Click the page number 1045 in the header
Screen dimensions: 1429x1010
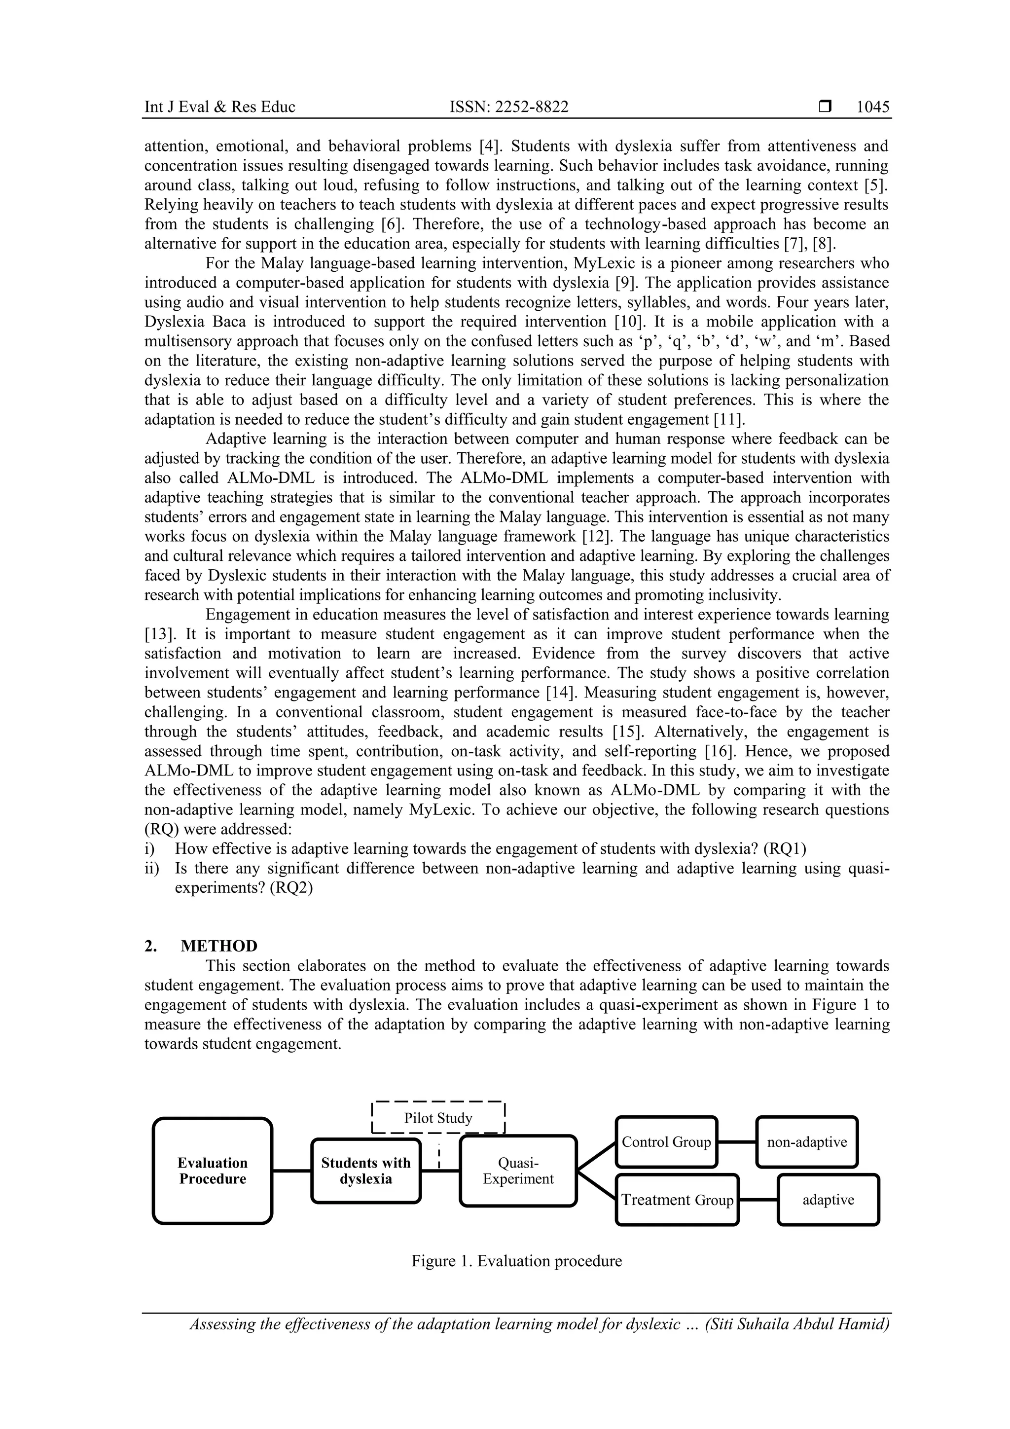pyautogui.click(x=872, y=107)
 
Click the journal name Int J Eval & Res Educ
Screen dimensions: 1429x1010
pyautogui.click(x=219, y=107)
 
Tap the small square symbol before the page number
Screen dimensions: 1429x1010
pyautogui.click(x=825, y=107)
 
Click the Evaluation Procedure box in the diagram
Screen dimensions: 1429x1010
pyautogui.click(x=213, y=1171)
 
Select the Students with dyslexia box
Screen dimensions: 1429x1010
pyautogui.click(x=366, y=1171)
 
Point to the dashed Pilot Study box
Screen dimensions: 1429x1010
pyautogui.click(x=438, y=1118)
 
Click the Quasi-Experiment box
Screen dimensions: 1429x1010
pyautogui.click(x=518, y=1171)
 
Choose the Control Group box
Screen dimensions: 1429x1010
pyautogui.click(x=666, y=1142)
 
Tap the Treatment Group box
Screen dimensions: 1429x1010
pyautogui.click(x=677, y=1200)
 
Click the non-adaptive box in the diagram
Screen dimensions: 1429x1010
pyautogui.click(x=806, y=1142)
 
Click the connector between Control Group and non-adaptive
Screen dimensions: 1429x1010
pyautogui.click(x=737, y=1142)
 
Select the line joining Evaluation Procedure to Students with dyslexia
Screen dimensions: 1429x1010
pyautogui.click(x=292, y=1171)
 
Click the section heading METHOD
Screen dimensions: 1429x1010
pyautogui.click(x=219, y=946)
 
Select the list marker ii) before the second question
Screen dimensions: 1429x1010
pyautogui.click(x=152, y=868)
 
